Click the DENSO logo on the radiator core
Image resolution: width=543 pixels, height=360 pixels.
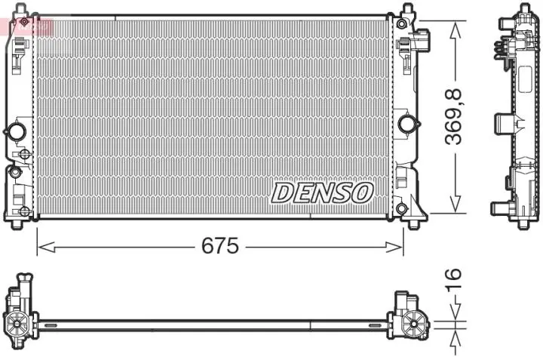[322, 192]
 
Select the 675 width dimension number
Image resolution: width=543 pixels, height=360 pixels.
[219, 246]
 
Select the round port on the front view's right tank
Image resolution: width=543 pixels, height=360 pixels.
[408, 123]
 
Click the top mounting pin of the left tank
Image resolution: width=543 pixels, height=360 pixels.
[23, 11]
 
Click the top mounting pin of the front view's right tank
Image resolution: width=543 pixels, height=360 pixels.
[407, 10]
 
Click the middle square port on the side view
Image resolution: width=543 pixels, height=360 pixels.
[502, 123]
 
